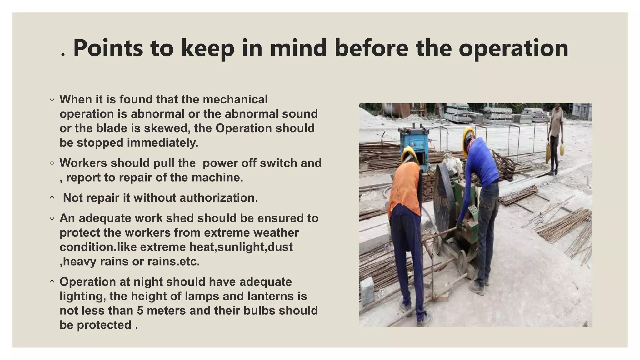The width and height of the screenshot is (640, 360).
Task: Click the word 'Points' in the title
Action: click(108, 48)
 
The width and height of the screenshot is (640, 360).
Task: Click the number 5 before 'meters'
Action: click(140, 311)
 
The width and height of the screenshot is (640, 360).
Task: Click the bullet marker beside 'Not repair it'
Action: click(52, 198)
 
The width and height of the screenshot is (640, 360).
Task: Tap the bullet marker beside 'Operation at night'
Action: click(52, 282)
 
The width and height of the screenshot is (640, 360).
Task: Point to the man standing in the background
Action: click(555, 137)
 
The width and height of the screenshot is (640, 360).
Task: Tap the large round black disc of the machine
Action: click(444, 200)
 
